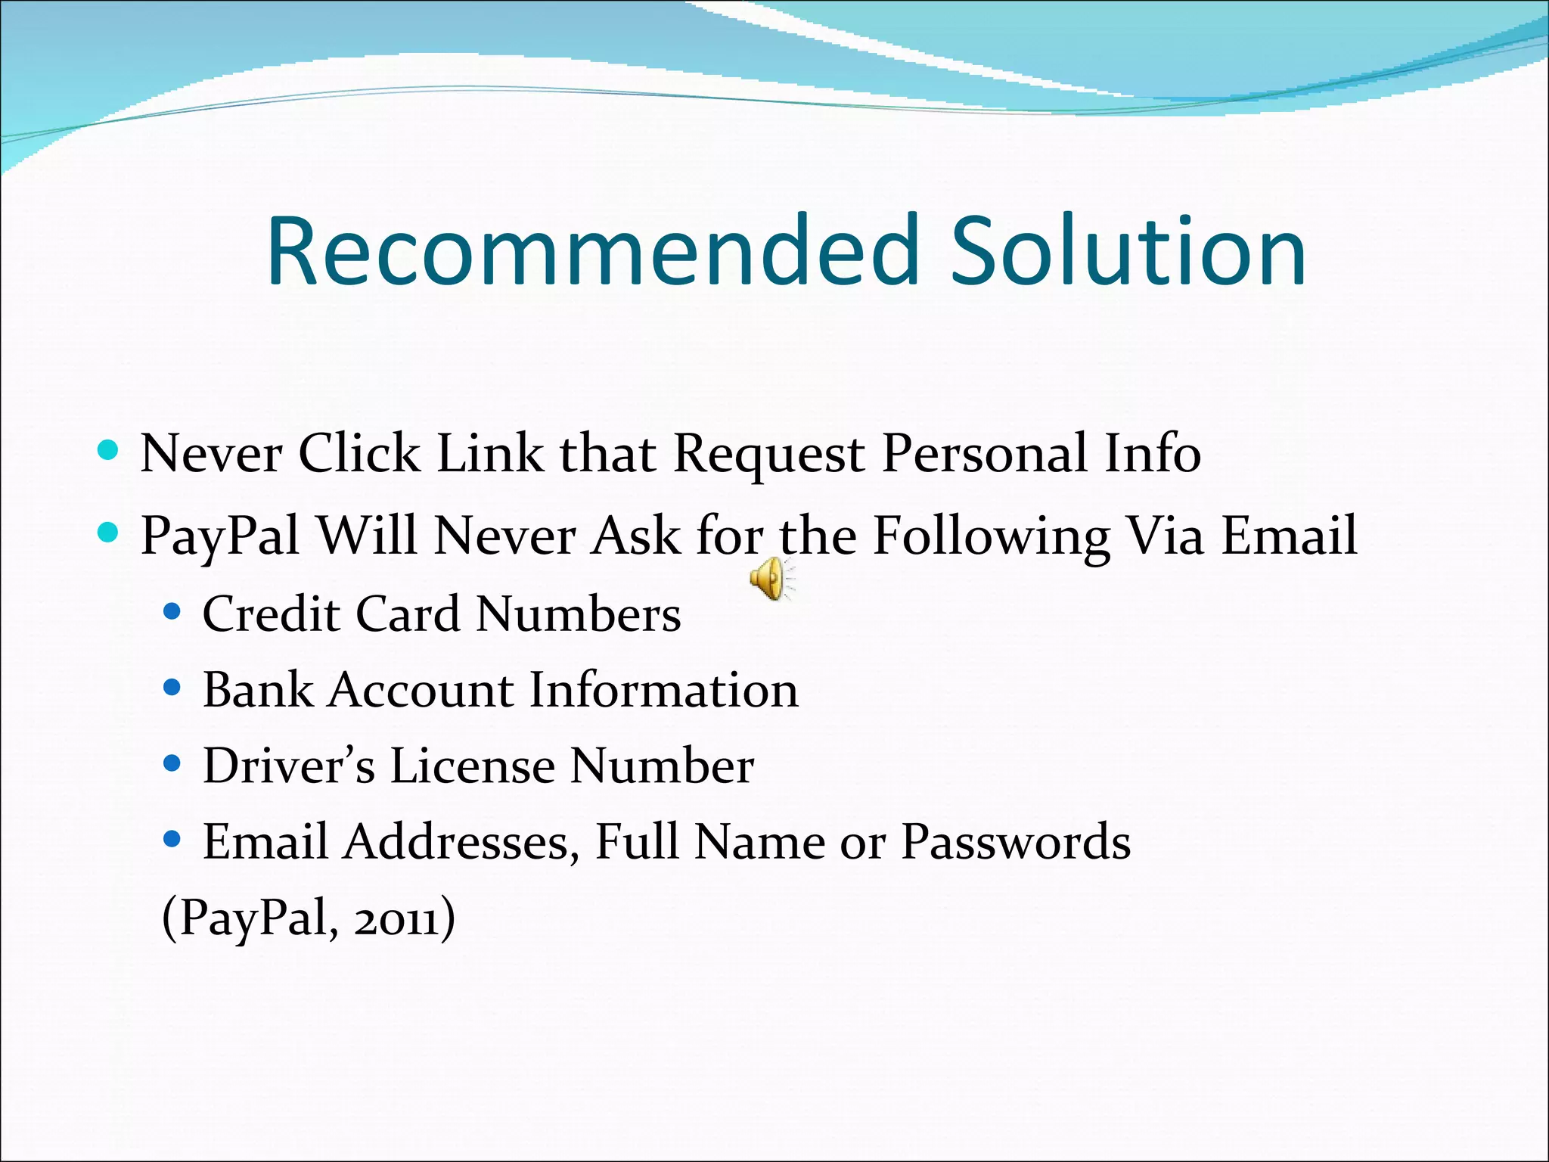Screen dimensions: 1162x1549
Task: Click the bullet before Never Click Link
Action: [109, 452]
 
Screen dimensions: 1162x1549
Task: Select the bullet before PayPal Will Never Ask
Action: [109, 534]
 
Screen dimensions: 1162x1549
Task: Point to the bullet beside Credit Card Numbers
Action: [172, 611]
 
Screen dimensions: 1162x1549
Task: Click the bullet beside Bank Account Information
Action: [172, 688]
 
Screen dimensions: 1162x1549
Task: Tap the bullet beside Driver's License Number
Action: [172, 764]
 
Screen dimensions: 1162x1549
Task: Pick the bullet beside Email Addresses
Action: [172, 840]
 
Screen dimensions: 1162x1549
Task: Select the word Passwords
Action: [1016, 841]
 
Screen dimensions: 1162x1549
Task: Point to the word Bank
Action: [258, 690]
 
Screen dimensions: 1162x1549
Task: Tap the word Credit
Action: [271, 614]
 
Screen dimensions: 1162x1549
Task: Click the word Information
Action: [663, 690]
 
